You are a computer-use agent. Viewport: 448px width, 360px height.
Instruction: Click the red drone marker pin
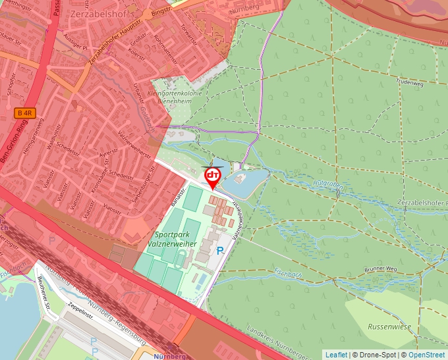point(213,177)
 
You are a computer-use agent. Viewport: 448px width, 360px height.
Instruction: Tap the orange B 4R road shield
point(25,113)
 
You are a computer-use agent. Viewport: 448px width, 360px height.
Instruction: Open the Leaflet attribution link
point(336,355)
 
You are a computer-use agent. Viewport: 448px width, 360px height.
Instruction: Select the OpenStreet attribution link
point(427,355)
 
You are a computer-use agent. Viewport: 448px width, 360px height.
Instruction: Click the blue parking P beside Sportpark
point(221,250)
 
